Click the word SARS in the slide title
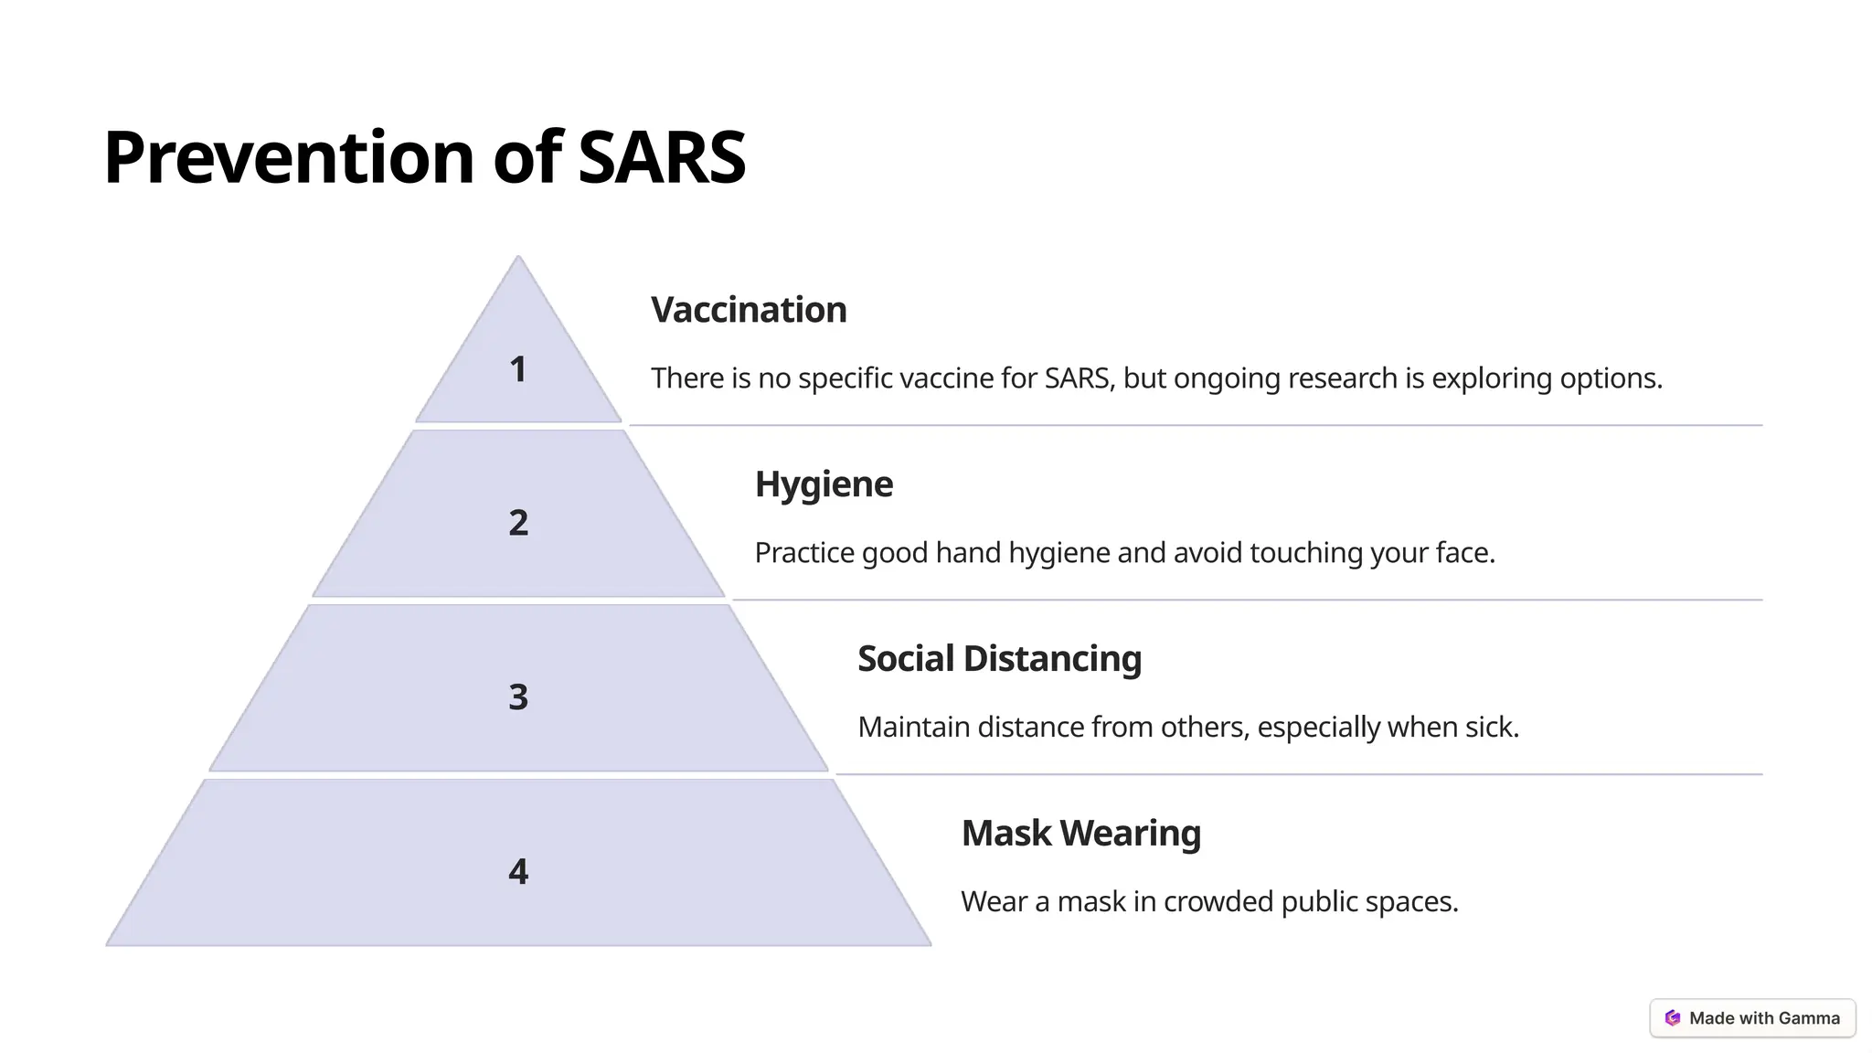click(662, 157)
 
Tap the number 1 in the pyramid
click(517, 369)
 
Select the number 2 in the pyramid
click(518, 523)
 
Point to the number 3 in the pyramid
click(518, 697)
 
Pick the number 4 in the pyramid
click(518, 872)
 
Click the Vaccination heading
click(749, 310)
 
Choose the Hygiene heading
click(824, 484)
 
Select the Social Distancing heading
click(999, 659)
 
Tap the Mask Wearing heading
click(1080, 834)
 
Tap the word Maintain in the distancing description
click(913, 728)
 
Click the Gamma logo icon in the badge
click(1673, 1018)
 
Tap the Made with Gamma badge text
click(1764, 1018)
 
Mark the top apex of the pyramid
click(518, 257)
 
